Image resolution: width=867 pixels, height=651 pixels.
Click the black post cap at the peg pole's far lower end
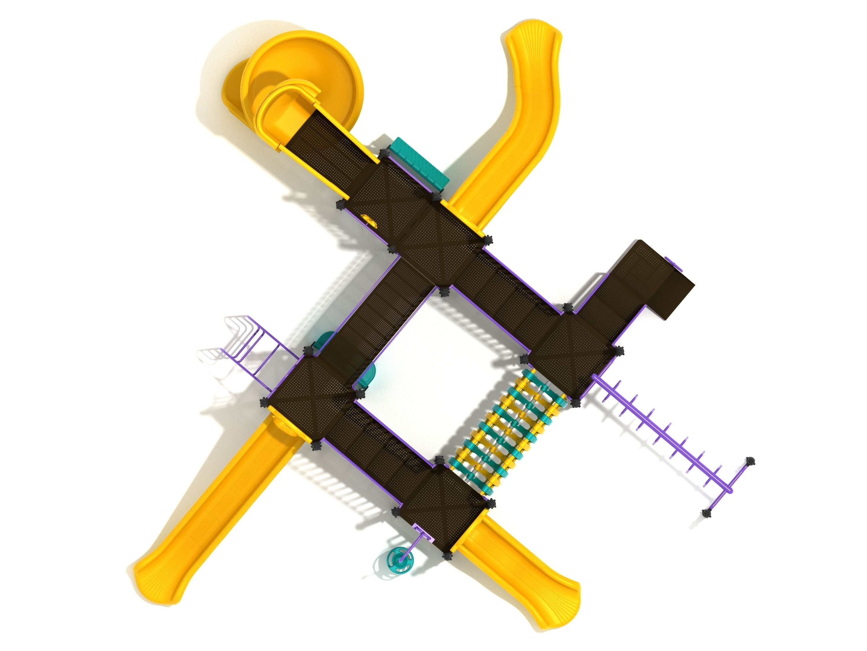point(707,512)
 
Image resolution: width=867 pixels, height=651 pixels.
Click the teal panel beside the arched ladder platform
point(368,373)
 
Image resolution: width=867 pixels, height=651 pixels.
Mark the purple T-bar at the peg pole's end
point(731,487)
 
